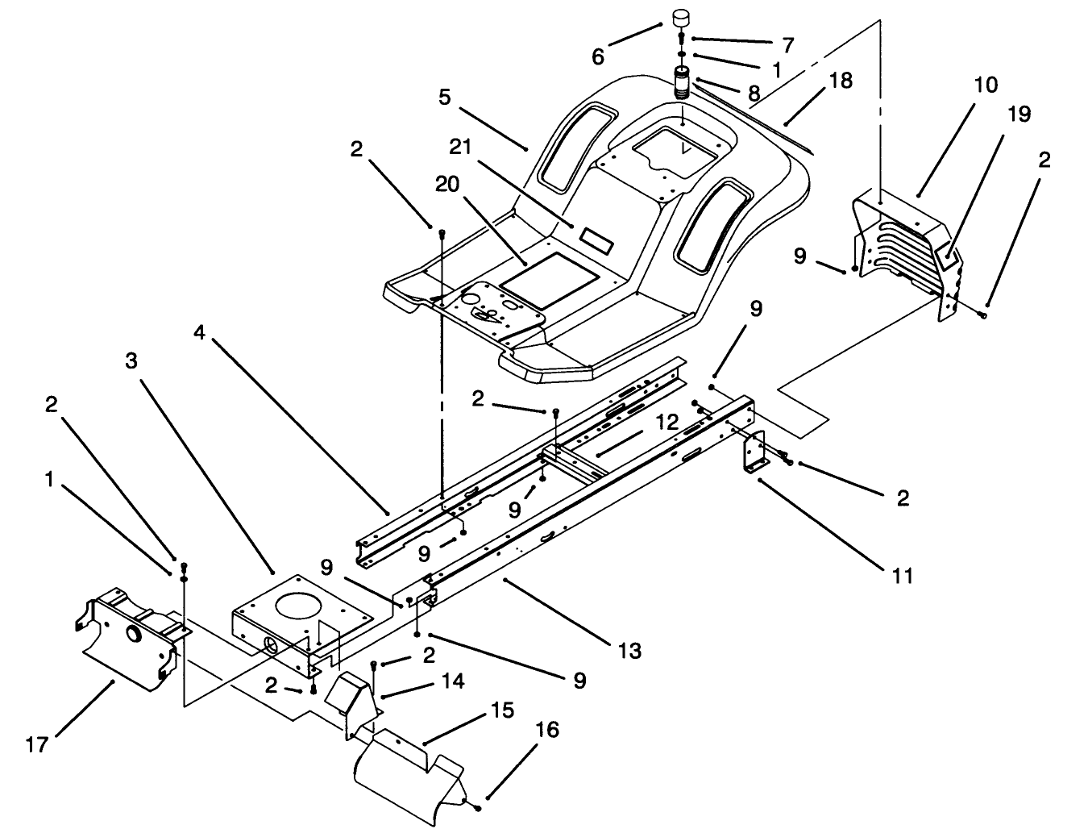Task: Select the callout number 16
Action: pyautogui.click(x=546, y=731)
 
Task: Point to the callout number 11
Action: pyautogui.click(x=902, y=576)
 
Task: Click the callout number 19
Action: pyautogui.click(x=1019, y=115)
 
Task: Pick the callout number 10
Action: pyautogui.click(x=985, y=85)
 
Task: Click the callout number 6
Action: pyautogui.click(x=597, y=56)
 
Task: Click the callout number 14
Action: pyautogui.click(x=453, y=681)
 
